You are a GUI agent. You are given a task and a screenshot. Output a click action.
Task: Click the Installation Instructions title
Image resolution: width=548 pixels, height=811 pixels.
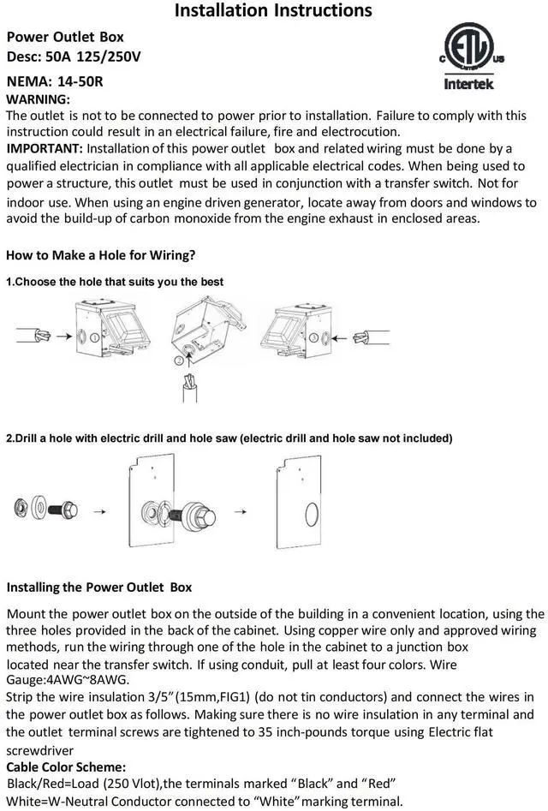(x=273, y=11)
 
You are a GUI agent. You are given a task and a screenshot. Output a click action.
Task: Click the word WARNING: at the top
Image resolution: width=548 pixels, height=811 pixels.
(x=38, y=100)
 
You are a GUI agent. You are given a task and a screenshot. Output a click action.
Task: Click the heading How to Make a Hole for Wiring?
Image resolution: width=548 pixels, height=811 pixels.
(x=100, y=255)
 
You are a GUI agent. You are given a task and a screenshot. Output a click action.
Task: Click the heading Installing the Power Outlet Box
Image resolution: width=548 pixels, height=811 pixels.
(x=99, y=587)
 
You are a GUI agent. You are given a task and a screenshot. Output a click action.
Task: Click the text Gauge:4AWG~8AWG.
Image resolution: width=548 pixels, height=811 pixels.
(x=68, y=680)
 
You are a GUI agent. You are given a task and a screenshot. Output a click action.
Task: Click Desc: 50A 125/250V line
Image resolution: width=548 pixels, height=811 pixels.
(x=74, y=57)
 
